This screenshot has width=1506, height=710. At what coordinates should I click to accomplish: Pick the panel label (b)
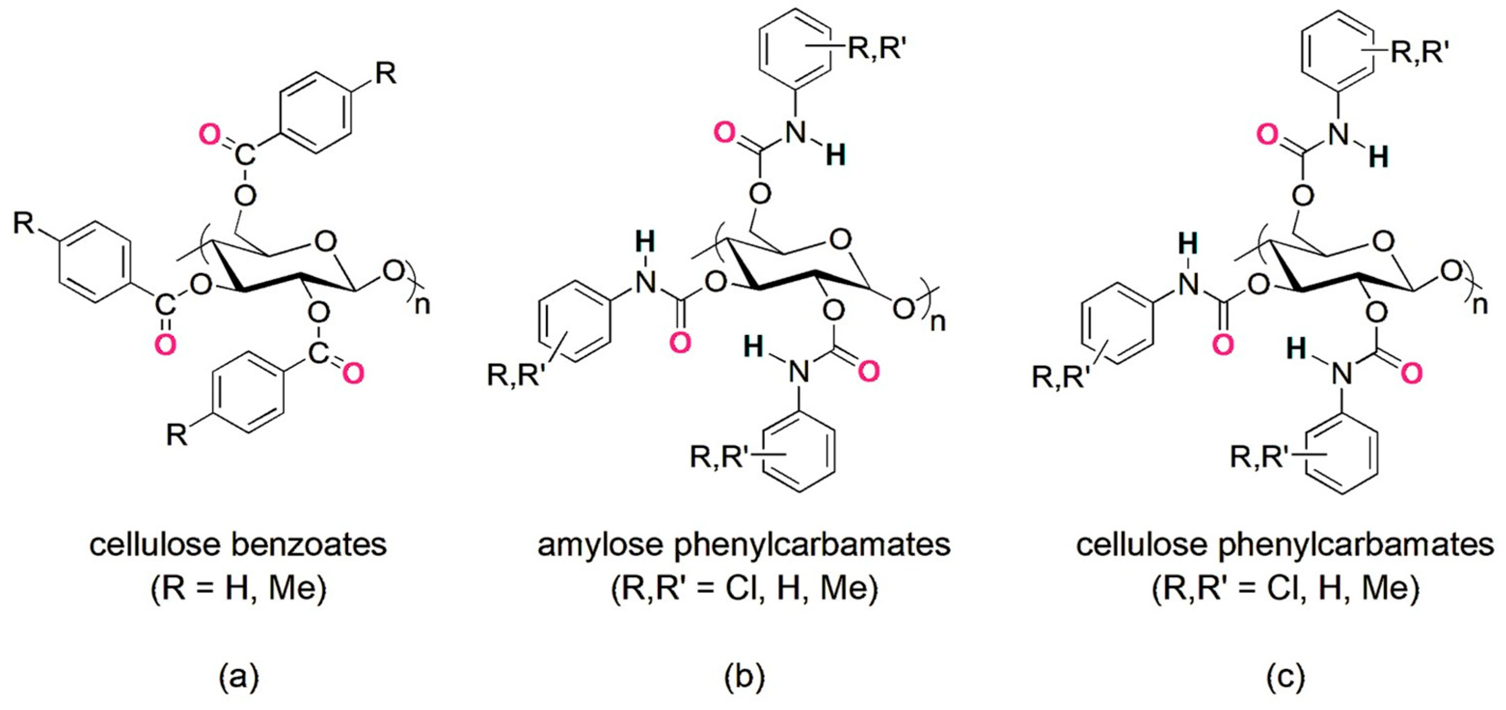tap(744, 678)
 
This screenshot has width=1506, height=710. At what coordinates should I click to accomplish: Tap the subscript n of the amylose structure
tap(937, 321)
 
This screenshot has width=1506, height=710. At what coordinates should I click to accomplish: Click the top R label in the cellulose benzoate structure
tap(385, 74)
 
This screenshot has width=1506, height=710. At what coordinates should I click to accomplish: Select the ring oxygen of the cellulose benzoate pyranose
tap(324, 240)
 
